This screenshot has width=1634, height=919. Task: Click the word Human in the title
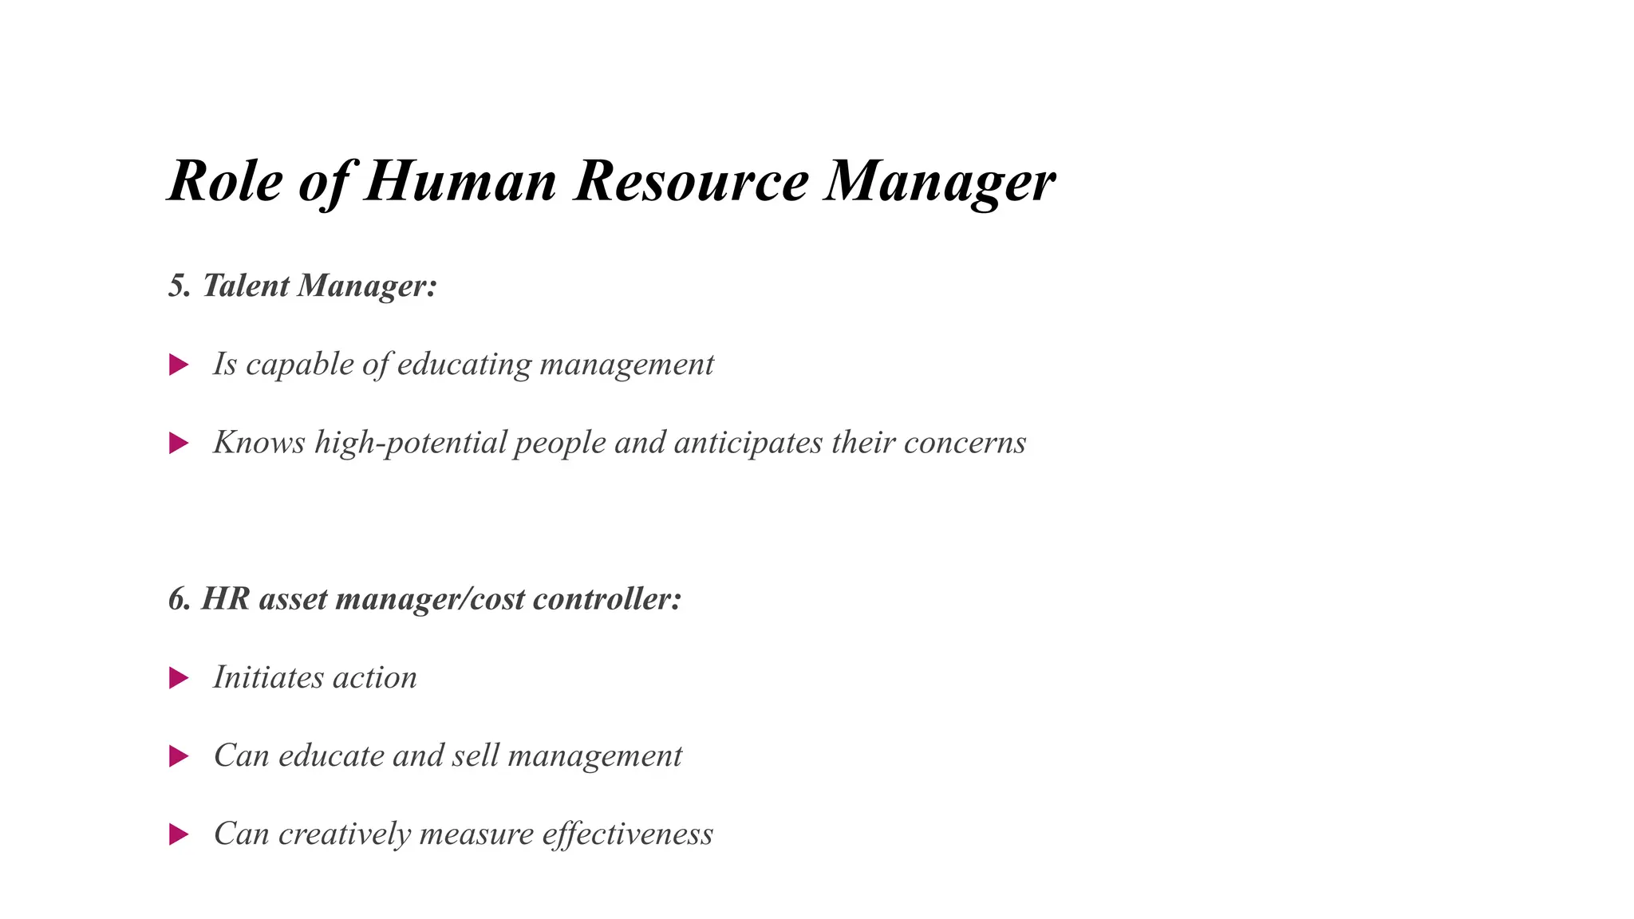pos(460,181)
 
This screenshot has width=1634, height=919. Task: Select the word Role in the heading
pos(225,181)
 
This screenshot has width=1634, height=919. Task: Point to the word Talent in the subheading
pos(246,286)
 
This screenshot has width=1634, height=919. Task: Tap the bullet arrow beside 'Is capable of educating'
pos(179,365)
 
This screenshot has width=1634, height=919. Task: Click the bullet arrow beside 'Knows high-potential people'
pos(179,444)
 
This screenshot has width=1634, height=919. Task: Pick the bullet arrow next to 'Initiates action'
pos(179,678)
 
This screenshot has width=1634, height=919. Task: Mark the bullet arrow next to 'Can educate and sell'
pos(179,756)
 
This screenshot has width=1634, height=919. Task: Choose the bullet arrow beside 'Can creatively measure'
pos(179,834)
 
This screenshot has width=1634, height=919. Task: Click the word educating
pos(464,365)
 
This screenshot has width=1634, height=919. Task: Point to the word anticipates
pos(748,444)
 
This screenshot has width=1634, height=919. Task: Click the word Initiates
pos(268,678)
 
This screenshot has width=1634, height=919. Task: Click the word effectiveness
pos(627,834)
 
